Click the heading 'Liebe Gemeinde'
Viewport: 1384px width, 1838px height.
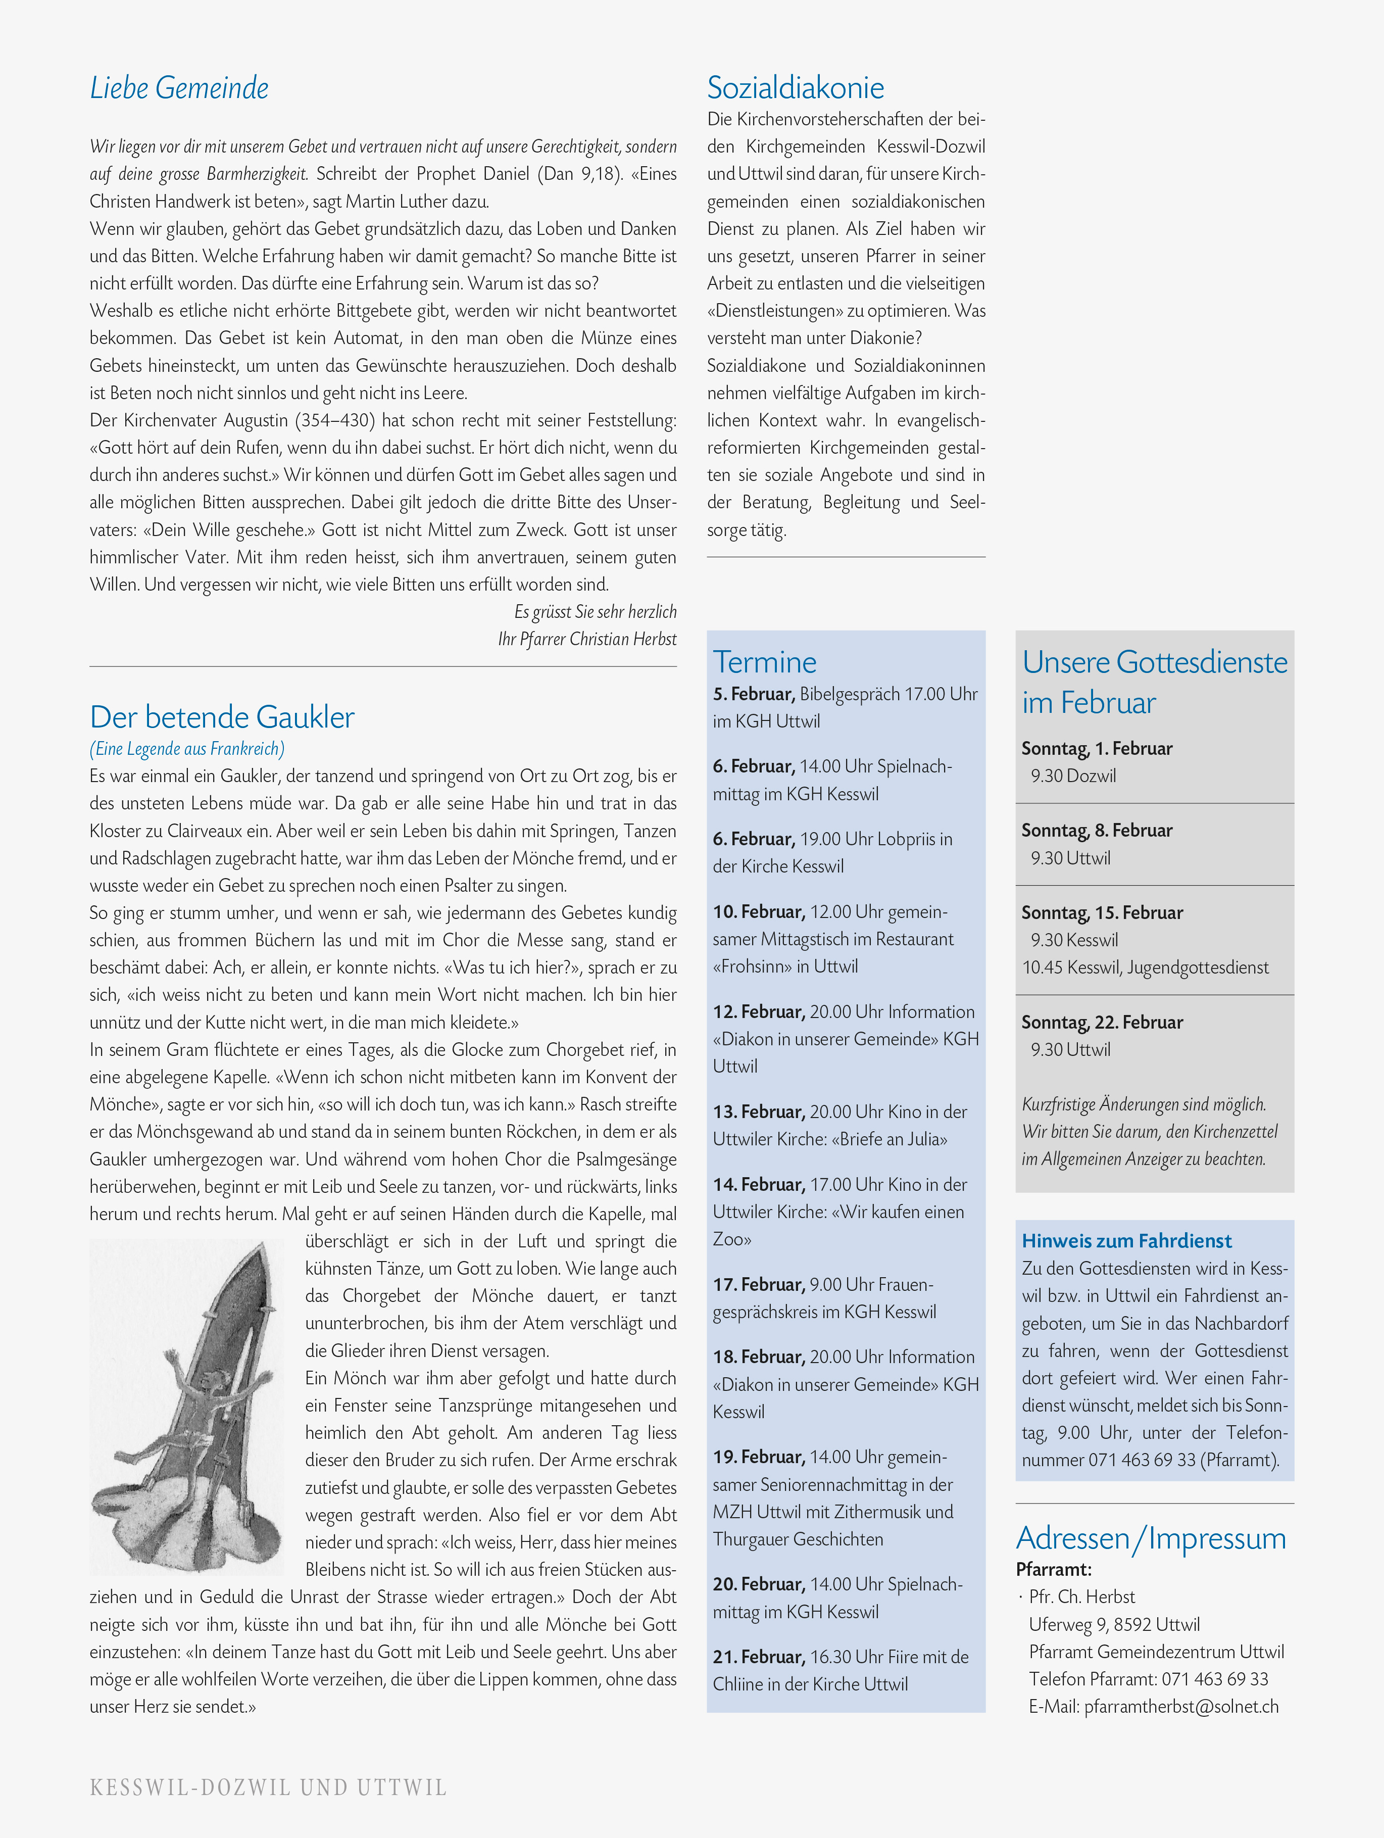pos(179,88)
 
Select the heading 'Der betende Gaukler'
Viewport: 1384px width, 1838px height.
pos(222,716)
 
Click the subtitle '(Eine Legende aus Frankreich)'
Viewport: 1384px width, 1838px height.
pos(187,749)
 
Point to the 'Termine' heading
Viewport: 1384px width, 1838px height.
pos(764,662)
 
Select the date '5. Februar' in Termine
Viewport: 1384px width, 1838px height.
pos(754,694)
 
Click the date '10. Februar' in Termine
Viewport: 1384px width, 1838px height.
pos(759,911)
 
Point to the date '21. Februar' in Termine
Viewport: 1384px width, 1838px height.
pos(759,1656)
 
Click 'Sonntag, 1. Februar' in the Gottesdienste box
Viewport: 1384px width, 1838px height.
pos(1097,749)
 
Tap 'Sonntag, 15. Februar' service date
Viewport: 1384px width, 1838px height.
pos(1102,912)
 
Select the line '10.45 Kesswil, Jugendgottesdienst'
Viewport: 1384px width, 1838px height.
pos(1145,967)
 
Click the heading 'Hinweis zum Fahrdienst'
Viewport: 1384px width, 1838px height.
pos(1126,1240)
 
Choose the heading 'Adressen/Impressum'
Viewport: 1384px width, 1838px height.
pos(1151,1538)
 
